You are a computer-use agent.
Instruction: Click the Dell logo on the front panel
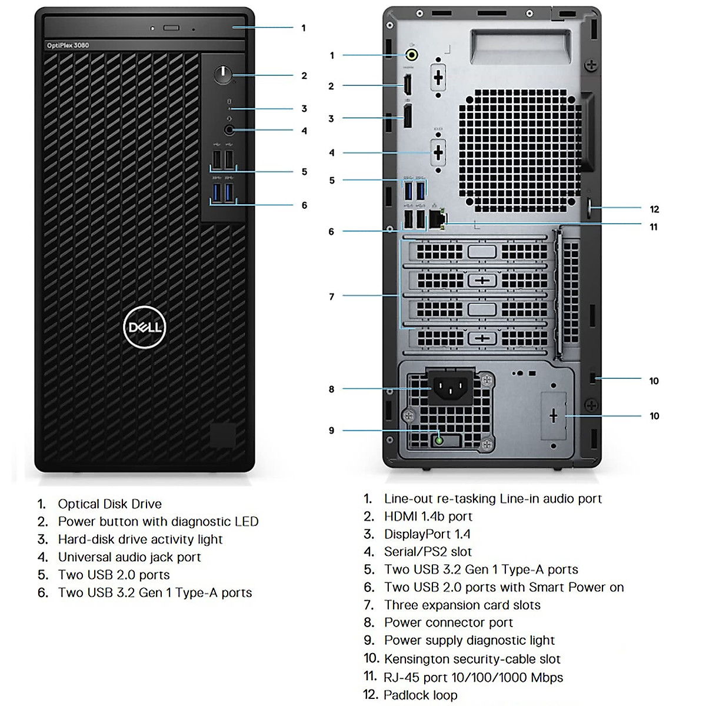145,327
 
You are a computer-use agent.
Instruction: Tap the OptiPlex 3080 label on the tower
68,45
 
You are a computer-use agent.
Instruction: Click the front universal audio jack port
229,130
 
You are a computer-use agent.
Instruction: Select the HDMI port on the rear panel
407,85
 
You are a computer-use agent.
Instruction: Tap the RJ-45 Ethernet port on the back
437,219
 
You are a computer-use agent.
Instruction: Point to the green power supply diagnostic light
439,440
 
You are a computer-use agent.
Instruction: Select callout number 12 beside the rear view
654,209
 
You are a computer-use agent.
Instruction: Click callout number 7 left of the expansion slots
332,297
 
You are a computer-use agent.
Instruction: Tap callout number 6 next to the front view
304,205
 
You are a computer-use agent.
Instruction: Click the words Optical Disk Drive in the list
109,504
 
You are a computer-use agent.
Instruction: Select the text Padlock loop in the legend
420,695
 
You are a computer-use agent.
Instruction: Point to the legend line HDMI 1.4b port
428,517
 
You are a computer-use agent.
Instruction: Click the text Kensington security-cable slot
472,659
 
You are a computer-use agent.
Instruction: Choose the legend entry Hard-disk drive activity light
140,540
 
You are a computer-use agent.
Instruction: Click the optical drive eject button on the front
172,28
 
